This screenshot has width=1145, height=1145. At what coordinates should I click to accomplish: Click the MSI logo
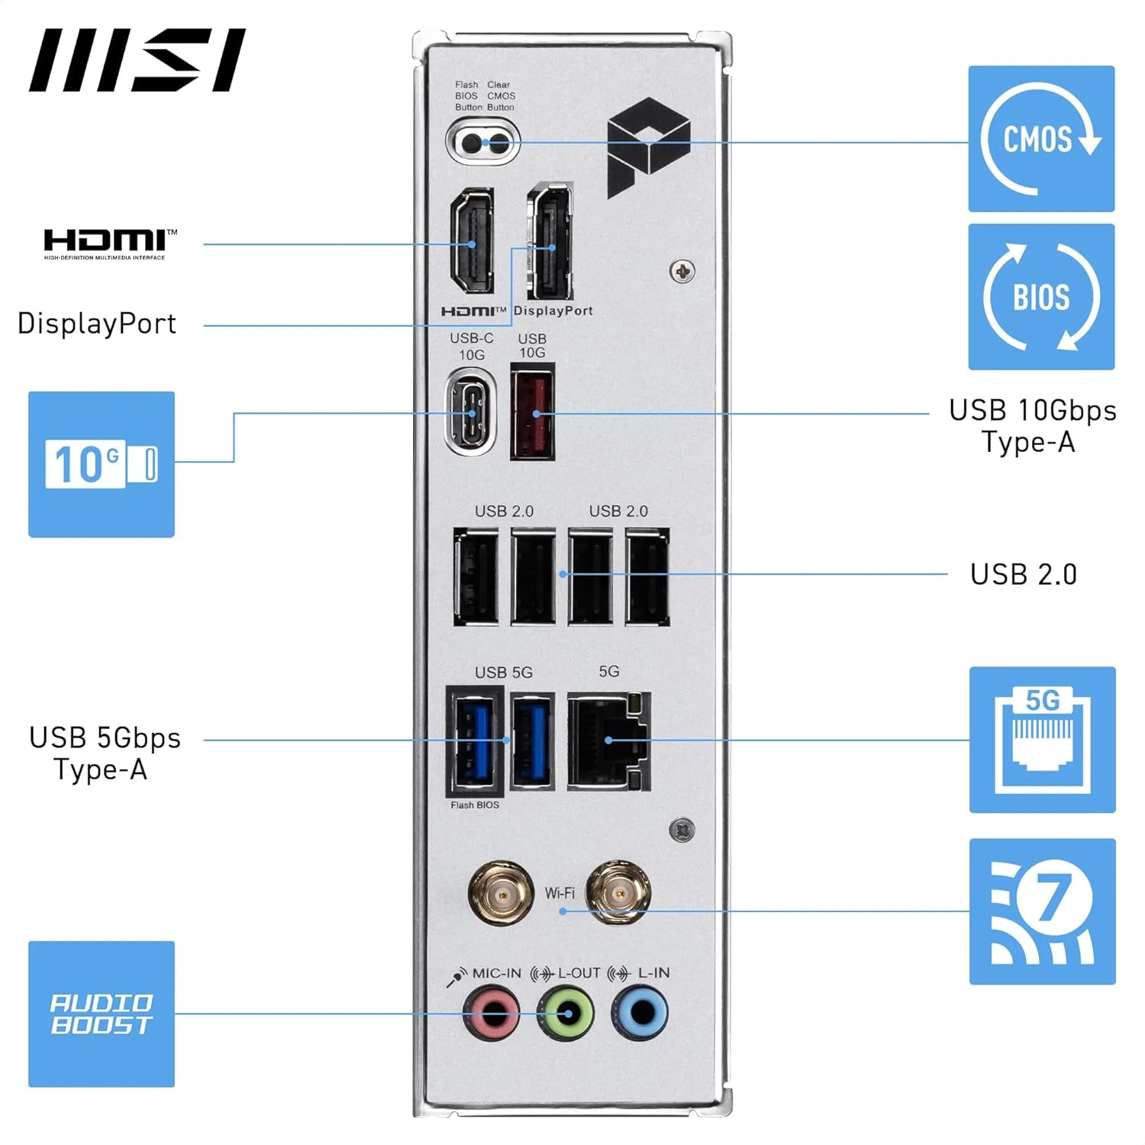137,60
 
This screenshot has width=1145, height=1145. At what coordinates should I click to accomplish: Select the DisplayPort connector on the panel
550,243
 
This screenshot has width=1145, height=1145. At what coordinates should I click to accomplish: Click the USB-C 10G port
472,412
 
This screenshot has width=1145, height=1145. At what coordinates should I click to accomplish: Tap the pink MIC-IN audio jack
492,1013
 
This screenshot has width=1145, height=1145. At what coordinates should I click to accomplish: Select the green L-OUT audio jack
566,1013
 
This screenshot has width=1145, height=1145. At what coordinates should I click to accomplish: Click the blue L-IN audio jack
640,1013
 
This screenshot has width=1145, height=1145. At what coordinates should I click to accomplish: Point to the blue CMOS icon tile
1041,139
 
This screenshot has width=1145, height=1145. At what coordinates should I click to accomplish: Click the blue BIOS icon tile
1041,297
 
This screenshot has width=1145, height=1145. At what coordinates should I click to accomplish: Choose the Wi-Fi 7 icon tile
1042,911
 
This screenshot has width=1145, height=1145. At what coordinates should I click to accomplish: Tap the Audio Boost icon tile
102,1014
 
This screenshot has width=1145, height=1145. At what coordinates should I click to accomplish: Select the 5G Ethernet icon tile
1042,740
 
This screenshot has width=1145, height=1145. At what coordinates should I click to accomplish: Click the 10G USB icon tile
102,464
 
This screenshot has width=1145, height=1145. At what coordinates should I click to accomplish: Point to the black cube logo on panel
648,146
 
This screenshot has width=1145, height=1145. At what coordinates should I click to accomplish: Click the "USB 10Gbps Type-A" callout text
1031,426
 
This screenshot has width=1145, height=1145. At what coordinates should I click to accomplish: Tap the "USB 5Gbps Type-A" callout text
104,753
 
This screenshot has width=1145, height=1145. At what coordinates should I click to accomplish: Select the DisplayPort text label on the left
97,324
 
